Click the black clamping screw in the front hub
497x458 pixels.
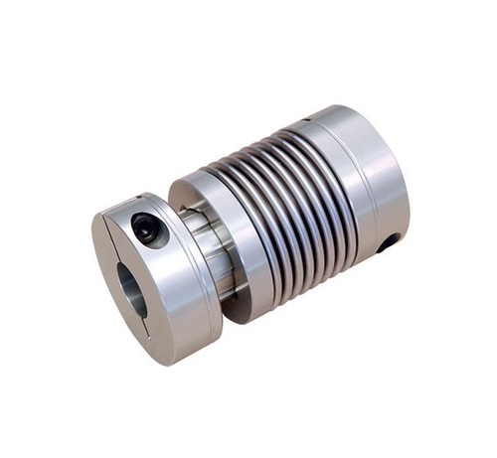point(148,229)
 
